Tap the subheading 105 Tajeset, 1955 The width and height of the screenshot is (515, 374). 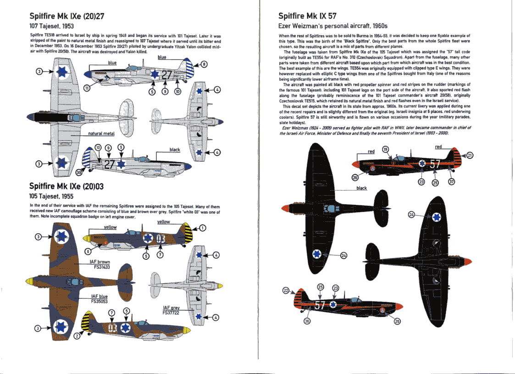pyautogui.click(x=51, y=196)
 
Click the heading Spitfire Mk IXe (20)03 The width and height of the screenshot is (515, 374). pyautogui.click(x=66, y=186)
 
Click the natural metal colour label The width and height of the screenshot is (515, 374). pyautogui.click(x=101, y=133)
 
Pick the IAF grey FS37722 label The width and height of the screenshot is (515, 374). pyautogui.click(x=171, y=310)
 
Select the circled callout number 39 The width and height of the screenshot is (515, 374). pyautogui.click(x=79, y=172)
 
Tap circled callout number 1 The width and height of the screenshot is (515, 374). pyautogui.click(x=203, y=228)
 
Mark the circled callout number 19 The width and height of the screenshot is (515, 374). pyautogui.click(x=385, y=149)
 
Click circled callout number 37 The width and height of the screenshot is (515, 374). pyautogui.click(x=452, y=182)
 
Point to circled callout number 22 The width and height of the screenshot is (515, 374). pyautogui.click(x=285, y=291)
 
